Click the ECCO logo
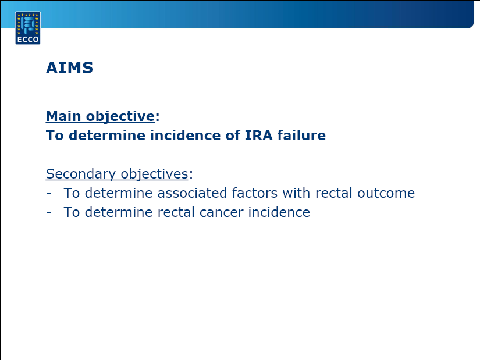[28, 28]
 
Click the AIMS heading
[69, 67]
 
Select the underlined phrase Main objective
[101, 117]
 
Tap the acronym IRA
[259, 136]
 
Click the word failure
[301, 135]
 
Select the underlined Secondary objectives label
[117, 174]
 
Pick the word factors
[255, 193]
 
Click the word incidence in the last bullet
[279, 212]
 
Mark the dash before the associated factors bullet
[48, 194]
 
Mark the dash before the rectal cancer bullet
[48, 213]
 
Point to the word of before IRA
[233, 135]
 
